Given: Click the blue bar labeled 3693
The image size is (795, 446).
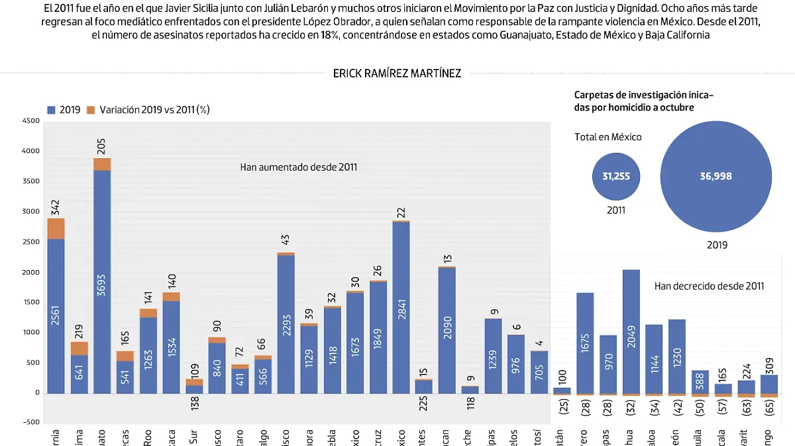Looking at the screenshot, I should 102,281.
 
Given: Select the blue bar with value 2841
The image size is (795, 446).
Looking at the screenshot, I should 401,307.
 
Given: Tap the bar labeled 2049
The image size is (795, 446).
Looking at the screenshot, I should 631,331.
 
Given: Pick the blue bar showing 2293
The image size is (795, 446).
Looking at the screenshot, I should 286,324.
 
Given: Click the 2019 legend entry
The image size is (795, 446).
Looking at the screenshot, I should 64,110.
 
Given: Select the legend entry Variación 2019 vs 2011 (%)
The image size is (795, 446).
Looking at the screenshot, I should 148,110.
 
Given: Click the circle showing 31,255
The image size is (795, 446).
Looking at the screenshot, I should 615,176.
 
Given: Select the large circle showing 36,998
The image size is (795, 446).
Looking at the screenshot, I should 715,176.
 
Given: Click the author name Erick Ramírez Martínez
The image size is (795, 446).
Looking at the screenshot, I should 397,73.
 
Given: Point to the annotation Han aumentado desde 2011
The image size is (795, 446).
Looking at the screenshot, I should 299,167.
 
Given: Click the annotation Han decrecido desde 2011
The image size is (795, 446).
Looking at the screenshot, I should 709,286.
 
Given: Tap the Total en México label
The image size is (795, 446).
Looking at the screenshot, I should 608,137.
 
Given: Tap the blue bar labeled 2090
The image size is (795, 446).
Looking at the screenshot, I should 447,330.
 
